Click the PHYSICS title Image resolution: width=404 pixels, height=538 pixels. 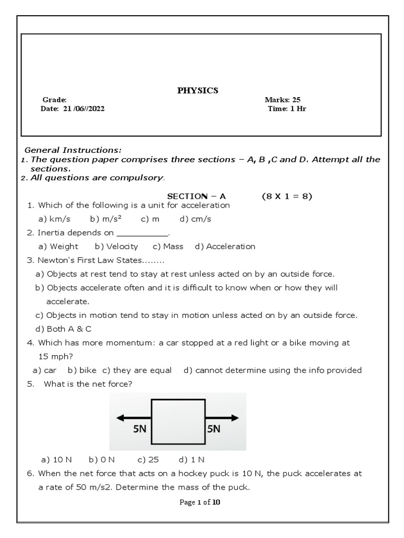tap(197, 91)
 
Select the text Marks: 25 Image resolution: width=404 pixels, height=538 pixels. tap(282, 100)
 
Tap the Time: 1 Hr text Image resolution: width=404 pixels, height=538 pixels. tap(287, 109)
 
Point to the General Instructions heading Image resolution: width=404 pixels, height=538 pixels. tap(74, 150)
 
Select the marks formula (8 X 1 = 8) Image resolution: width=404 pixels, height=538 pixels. tap(287, 196)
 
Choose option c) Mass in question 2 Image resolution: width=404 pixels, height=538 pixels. tap(168, 246)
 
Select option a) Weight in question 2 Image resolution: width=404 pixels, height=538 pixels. tap(58, 246)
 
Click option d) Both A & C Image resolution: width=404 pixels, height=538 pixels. tap(64, 329)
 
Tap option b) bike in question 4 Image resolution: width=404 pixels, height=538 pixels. tap(82, 370)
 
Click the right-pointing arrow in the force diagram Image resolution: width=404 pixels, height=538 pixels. tap(222, 418)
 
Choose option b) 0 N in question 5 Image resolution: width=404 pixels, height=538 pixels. tap(102, 459)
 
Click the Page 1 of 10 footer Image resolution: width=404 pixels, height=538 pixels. tap(200, 502)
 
